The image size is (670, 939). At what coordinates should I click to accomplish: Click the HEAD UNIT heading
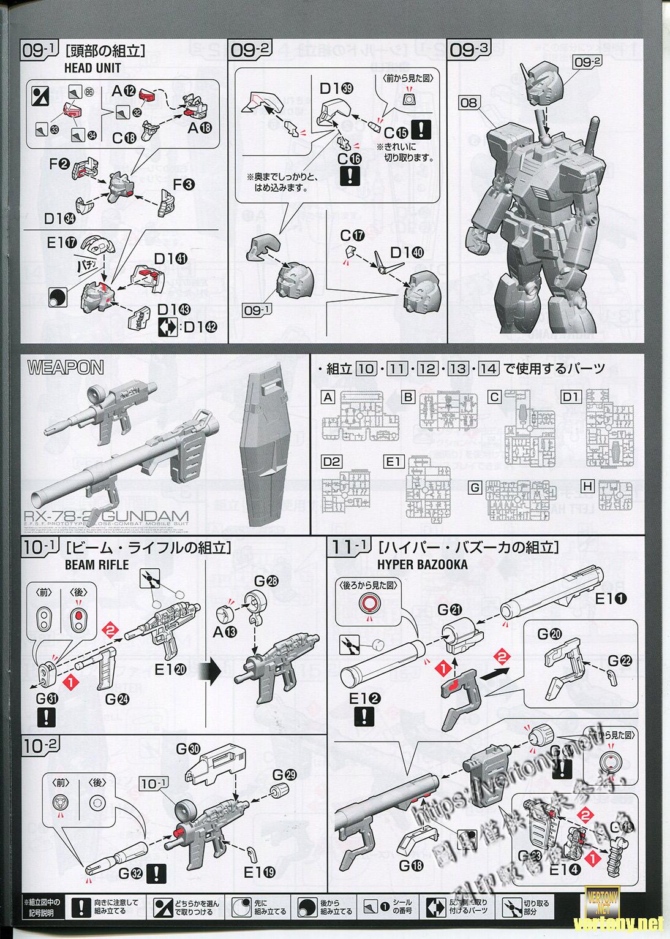click(x=92, y=68)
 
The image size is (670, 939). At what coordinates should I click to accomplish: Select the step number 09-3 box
click(x=469, y=50)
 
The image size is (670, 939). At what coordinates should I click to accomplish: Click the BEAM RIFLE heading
click(x=97, y=564)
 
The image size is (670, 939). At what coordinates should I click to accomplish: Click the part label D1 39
click(x=336, y=88)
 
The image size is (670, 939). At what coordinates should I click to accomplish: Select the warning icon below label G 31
click(x=47, y=717)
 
